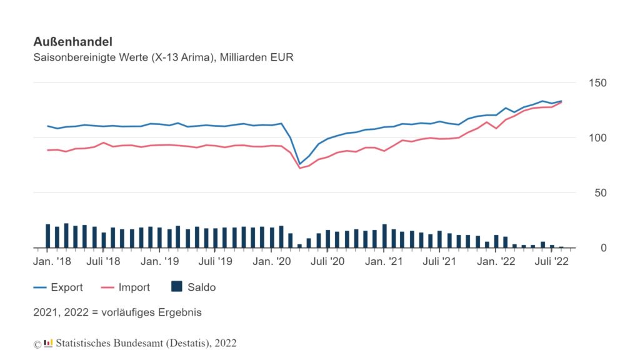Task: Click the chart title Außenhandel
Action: (x=72, y=42)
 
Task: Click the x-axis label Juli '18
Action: (x=104, y=261)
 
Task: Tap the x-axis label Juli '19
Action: (x=216, y=261)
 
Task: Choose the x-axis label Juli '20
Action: (x=327, y=261)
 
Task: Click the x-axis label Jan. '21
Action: (x=384, y=261)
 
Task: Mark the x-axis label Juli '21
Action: (x=439, y=261)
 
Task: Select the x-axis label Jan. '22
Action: (x=496, y=261)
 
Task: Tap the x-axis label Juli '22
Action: (x=551, y=261)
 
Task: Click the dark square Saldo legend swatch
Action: (x=177, y=287)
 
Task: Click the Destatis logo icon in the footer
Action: (x=48, y=342)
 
